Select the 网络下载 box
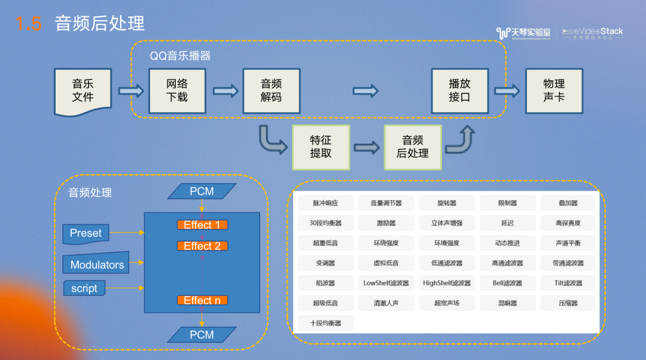pyautogui.click(x=177, y=91)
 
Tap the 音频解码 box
pyautogui.click(x=272, y=91)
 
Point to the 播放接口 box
pyautogui.click(x=460, y=91)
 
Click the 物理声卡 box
pyautogui.click(x=554, y=91)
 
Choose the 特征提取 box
pyautogui.click(x=321, y=148)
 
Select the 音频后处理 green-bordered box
pyautogui.click(x=413, y=148)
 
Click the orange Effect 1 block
pyautogui.click(x=202, y=225)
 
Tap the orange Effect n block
pyautogui.click(x=202, y=300)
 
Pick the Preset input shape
pyautogui.click(x=86, y=234)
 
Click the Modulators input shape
pyautogui.click(x=96, y=263)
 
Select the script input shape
pyautogui.click(x=84, y=288)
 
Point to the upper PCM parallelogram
pyautogui.click(x=202, y=191)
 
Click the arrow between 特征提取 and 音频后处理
pyautogui.click(x=367, y=148)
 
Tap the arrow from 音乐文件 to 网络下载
pyautogui.click(x=131, y=91)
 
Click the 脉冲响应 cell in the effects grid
pyautogui.click(x=325, y=203)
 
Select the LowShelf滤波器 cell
pyautogui.click(x=386, y=283)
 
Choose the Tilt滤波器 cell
pyautogui.click(x=568, y=283)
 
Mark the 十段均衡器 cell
pyautogui.click(x=325, y=323)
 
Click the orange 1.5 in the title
pyautogui.click(x=29, y=23)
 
